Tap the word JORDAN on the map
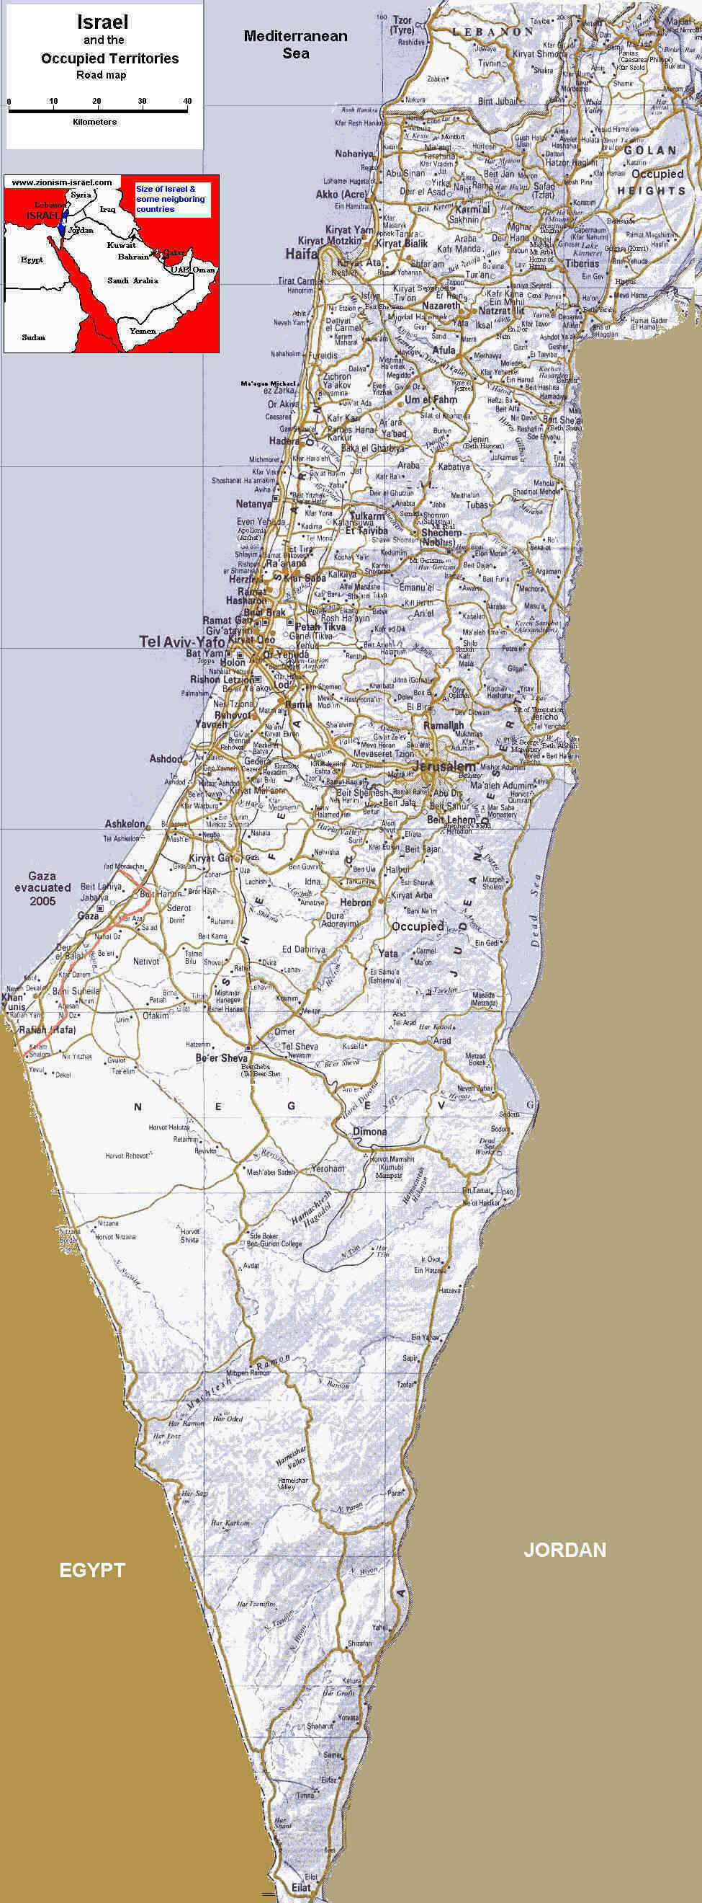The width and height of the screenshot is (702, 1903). click(564, 1550)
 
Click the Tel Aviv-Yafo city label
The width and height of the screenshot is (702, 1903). click(181, 642)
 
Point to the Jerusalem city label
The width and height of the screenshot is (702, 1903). click(444, 767)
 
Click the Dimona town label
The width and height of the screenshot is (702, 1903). click(369, 1131)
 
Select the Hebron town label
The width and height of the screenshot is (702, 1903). click(356, 902)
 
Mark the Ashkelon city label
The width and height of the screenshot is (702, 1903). click(125, 824)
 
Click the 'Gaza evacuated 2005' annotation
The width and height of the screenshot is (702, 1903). click(42, 888)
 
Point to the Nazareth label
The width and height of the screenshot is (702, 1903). click(441, 305)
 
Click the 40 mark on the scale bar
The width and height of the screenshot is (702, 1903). click(187, 101)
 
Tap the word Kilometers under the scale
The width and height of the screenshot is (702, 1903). click(94, 122)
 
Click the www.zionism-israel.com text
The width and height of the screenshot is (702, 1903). click(62, 182)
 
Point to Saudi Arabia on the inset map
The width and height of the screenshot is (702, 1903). click(132, 280)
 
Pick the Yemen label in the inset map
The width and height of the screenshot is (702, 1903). click(143, 331)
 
